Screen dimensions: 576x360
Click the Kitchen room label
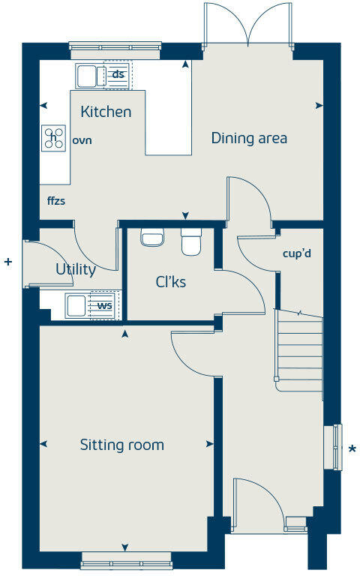[x=106, y=112]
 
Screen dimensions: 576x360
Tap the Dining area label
[x=249, y=138]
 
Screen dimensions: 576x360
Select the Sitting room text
[x=121, y=445]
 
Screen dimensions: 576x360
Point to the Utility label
[x=75, y=270]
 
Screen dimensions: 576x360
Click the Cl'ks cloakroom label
[x=170, y=282]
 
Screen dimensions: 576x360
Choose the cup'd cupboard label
[x=297, y=253]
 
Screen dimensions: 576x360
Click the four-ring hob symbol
[x=54, y=137]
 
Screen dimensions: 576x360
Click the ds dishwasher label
[x=118, y=74]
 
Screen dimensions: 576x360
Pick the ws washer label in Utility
[x=104, y=305]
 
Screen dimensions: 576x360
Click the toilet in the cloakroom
[x=191, y=242]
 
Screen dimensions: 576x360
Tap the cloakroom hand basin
[x=152, y=238]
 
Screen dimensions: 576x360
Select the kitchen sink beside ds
[x=87, y=75]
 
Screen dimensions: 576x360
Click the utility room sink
[x=76, y=305]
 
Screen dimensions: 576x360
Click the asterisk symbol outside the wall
[x=352, y=449]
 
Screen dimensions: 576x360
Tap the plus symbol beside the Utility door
[x=8, y=262]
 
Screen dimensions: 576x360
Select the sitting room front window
[x=126, y=559]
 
